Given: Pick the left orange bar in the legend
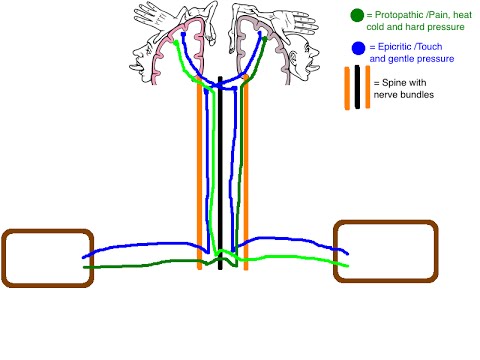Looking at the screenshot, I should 349,86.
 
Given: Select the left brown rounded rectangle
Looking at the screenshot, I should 47,257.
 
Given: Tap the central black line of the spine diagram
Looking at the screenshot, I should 221,170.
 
